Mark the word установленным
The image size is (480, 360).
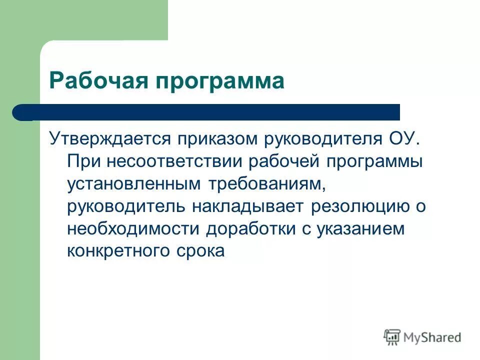click(x=132, y=184)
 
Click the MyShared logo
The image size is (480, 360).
click(x=422, y=336)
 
